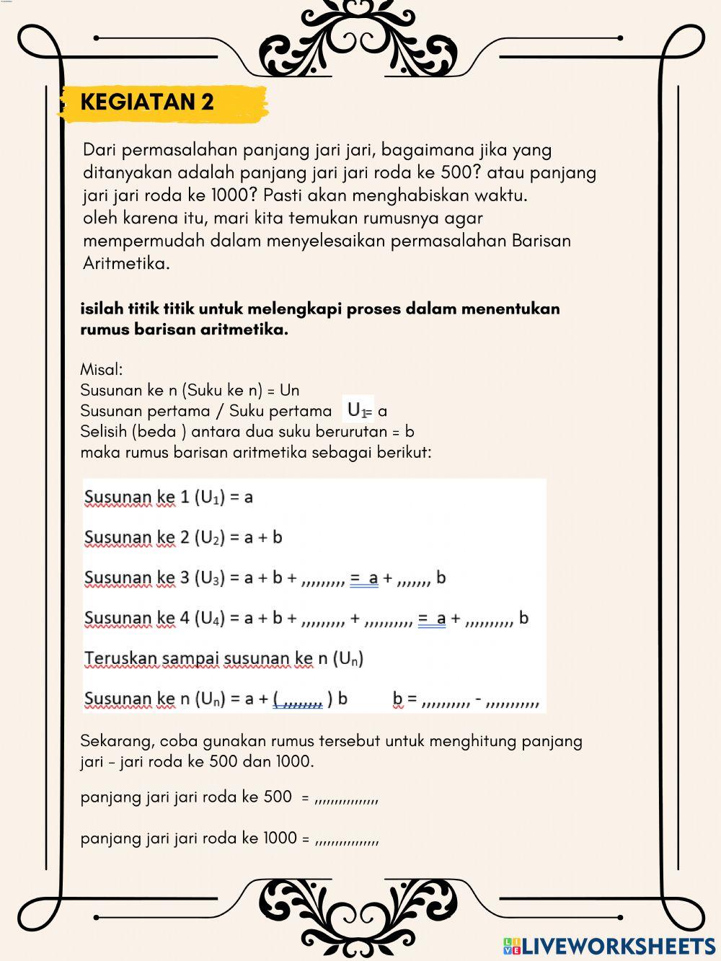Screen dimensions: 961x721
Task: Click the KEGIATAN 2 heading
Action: (x=147, y=102)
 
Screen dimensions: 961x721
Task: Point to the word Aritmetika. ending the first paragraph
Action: (x=126, y=263)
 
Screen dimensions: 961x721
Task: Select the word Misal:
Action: (x=102, y=370)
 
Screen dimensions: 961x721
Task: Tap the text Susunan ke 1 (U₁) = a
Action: (x=169, y=497)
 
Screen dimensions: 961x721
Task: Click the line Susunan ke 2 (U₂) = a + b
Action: (x=183, y=537)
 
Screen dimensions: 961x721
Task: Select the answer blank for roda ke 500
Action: (x=347, y=798)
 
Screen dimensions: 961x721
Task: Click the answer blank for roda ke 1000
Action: (x=347, y=839)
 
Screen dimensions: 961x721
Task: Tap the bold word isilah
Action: (x=102, y=309)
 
